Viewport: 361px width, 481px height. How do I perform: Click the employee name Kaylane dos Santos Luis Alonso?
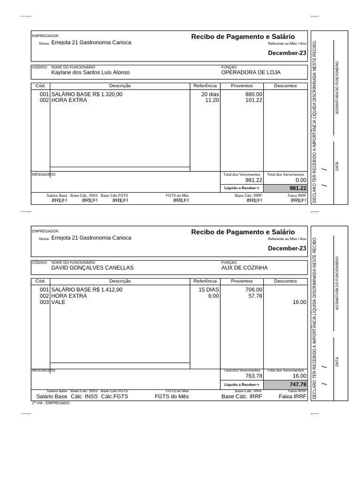coord(90,73)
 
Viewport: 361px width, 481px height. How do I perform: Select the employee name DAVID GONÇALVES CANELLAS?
coord(92,268)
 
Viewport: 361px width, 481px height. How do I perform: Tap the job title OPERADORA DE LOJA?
coord(251,73)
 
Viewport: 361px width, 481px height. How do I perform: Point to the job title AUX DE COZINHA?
coord(244,268)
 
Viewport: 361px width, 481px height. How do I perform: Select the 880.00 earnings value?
coord(254,94)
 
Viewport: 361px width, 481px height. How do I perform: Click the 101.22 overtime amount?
coord(254,100)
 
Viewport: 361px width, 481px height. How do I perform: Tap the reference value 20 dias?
coord(210,94)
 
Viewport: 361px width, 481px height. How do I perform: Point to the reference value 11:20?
coord(212,100)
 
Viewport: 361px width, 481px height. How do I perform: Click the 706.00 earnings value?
coord(254,290)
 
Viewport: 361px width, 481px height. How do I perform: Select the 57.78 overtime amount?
coord(255,296)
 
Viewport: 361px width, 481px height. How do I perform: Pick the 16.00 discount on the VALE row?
coord(299,302)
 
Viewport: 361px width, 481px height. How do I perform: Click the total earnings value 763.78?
coord(254,376)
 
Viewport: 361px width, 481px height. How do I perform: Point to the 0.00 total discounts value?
coord(301,180)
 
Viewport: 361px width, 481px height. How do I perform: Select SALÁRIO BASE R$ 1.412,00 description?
coord(86,290)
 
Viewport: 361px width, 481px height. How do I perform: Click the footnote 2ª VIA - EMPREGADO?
coord(50,403)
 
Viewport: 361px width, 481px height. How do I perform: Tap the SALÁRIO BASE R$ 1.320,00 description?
coord(86,94)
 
